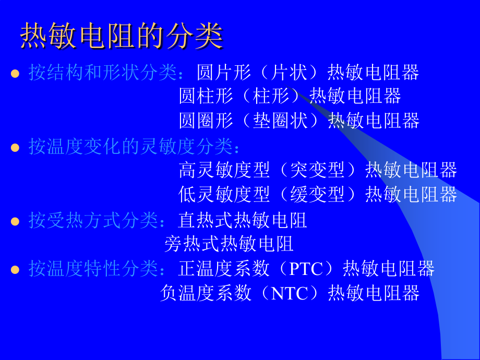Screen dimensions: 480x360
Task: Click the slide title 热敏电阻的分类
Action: (122, 35)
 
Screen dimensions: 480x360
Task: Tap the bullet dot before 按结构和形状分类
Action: (15, 74)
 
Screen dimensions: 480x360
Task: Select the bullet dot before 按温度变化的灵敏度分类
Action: (15, 148)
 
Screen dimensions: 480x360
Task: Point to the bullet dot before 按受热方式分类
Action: (15, 221)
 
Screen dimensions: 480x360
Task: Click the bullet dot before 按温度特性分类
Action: (15, 270)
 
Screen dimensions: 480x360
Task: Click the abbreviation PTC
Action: (306, 269)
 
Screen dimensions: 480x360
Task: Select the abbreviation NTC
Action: (290, 293)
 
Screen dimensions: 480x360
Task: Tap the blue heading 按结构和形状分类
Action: (103, 73)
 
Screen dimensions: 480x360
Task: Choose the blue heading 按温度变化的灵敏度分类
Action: (131, 146)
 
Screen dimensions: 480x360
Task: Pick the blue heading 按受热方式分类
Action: (93, 220)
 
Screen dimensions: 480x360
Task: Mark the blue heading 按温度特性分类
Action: (93, 269)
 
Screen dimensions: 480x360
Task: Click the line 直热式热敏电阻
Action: (243, 220)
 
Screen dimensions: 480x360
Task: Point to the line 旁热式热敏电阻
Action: (229, 244)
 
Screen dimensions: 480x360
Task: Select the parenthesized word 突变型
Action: (317, 170)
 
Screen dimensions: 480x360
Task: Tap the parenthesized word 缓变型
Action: (317, 195)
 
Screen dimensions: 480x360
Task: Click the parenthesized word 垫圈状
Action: (280, 121)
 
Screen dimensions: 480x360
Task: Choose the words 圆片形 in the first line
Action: (224, 73)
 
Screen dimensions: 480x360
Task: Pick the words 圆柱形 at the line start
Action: (206, 96)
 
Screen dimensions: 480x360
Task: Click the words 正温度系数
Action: (224, 269)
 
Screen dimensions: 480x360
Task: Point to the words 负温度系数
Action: (206, 293)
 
